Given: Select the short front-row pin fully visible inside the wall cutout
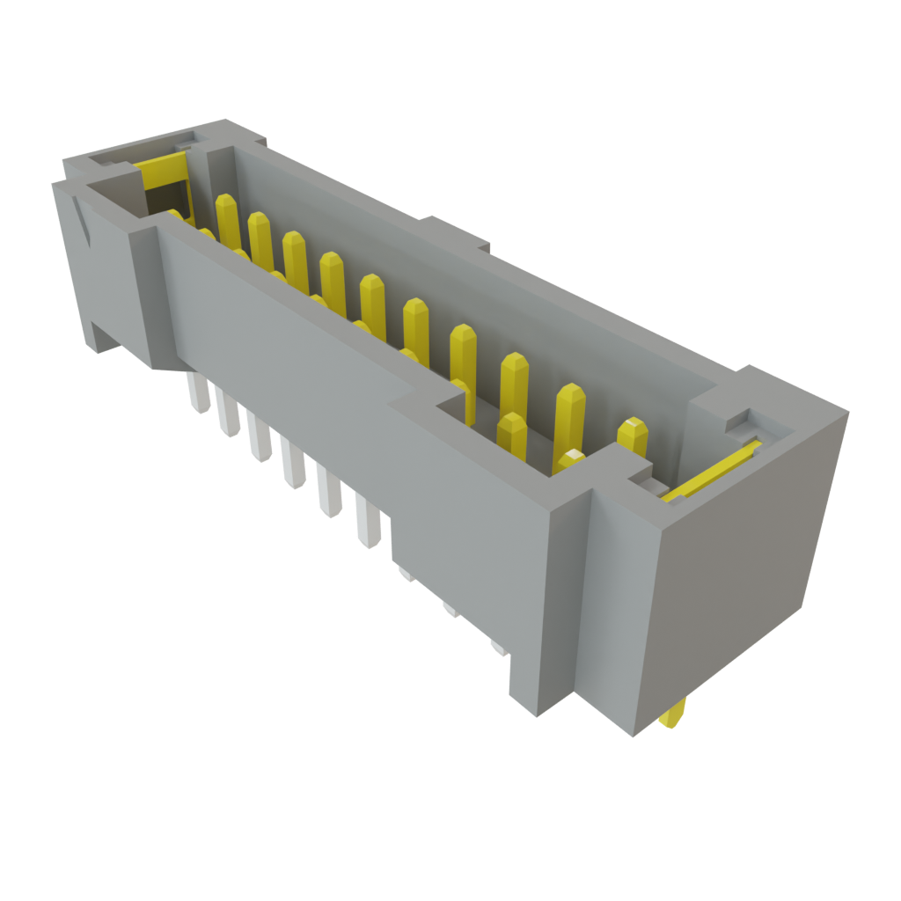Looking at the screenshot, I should [511, 436].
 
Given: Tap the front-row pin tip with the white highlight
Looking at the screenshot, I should [572, 458].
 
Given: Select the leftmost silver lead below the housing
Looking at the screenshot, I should [198, 392].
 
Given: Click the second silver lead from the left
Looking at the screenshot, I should [228, 414].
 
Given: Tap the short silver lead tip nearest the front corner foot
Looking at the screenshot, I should [499, 649].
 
